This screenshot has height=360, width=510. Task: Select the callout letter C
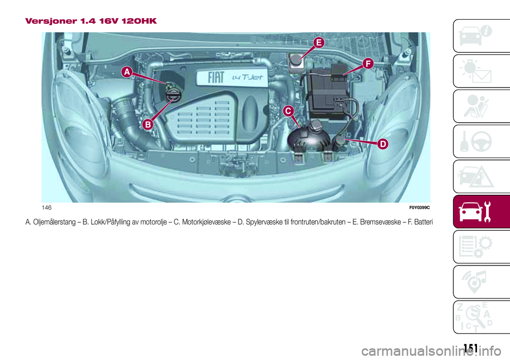(x=287, y=110)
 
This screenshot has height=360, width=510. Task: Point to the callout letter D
(x=382, y=144)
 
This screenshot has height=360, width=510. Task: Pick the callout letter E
(x=318, y=42)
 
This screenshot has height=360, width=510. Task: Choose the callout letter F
(x=367, y=64)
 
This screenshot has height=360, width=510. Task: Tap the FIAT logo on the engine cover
(x=216, y=79)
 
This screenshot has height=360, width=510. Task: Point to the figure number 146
(x=47, y=207)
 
